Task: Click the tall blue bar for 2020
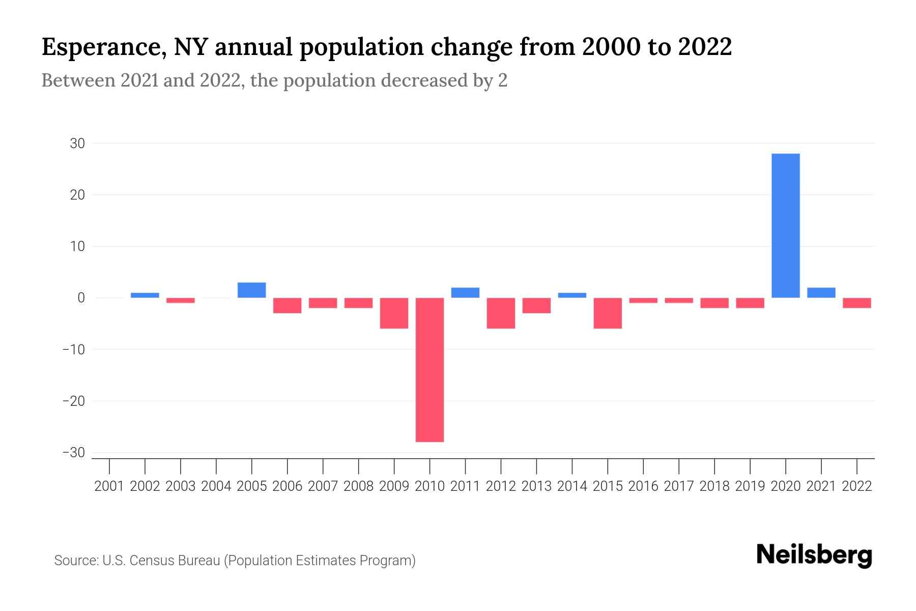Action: click(785, 226)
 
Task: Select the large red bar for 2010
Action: click(430, 370)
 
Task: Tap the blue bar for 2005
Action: click(251, 290)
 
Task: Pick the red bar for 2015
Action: click(607, 313)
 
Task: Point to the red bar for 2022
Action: click(856, 303)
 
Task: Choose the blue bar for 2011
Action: click(465, 293)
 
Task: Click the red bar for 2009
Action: click(394, 313)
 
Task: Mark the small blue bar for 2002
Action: click(145, 295)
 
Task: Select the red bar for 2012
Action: click(501, 313)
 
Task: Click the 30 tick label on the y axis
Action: click(77, 144)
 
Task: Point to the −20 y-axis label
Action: click(73, 401)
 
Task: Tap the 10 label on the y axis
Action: click(77, 246)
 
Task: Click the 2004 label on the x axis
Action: click(216, 486)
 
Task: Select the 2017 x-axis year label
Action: click(678, 486)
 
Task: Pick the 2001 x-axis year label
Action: click(109, 486)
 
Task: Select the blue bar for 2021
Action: click(821, 293)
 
